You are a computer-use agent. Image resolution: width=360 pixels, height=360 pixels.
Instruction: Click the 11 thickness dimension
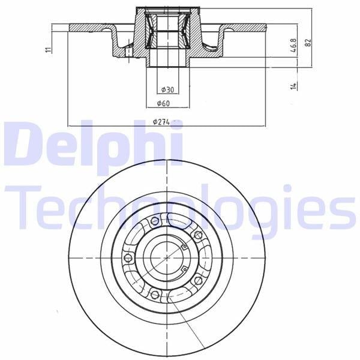(x=48, y=49)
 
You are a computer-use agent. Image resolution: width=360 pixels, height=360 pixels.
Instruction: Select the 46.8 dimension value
(x=294, y=45)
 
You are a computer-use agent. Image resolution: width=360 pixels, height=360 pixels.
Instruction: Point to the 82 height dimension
(x=308, y=43)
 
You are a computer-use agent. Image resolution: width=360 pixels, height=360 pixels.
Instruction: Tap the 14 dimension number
(x=293, y=86)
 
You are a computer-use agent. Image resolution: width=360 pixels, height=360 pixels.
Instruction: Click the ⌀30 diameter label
(x=167, y=89)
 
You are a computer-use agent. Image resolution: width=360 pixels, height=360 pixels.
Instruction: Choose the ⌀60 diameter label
(x=163, y=104)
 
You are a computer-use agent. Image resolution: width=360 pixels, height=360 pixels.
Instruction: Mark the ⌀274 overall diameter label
(x=161, y=122)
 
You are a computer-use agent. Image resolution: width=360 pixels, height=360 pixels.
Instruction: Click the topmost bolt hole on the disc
(x=155, y=221)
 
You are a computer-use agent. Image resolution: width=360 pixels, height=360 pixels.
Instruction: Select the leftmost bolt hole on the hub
(x=128, y=258)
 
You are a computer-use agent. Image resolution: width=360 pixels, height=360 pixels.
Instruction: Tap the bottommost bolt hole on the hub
(x=155, y=295)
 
